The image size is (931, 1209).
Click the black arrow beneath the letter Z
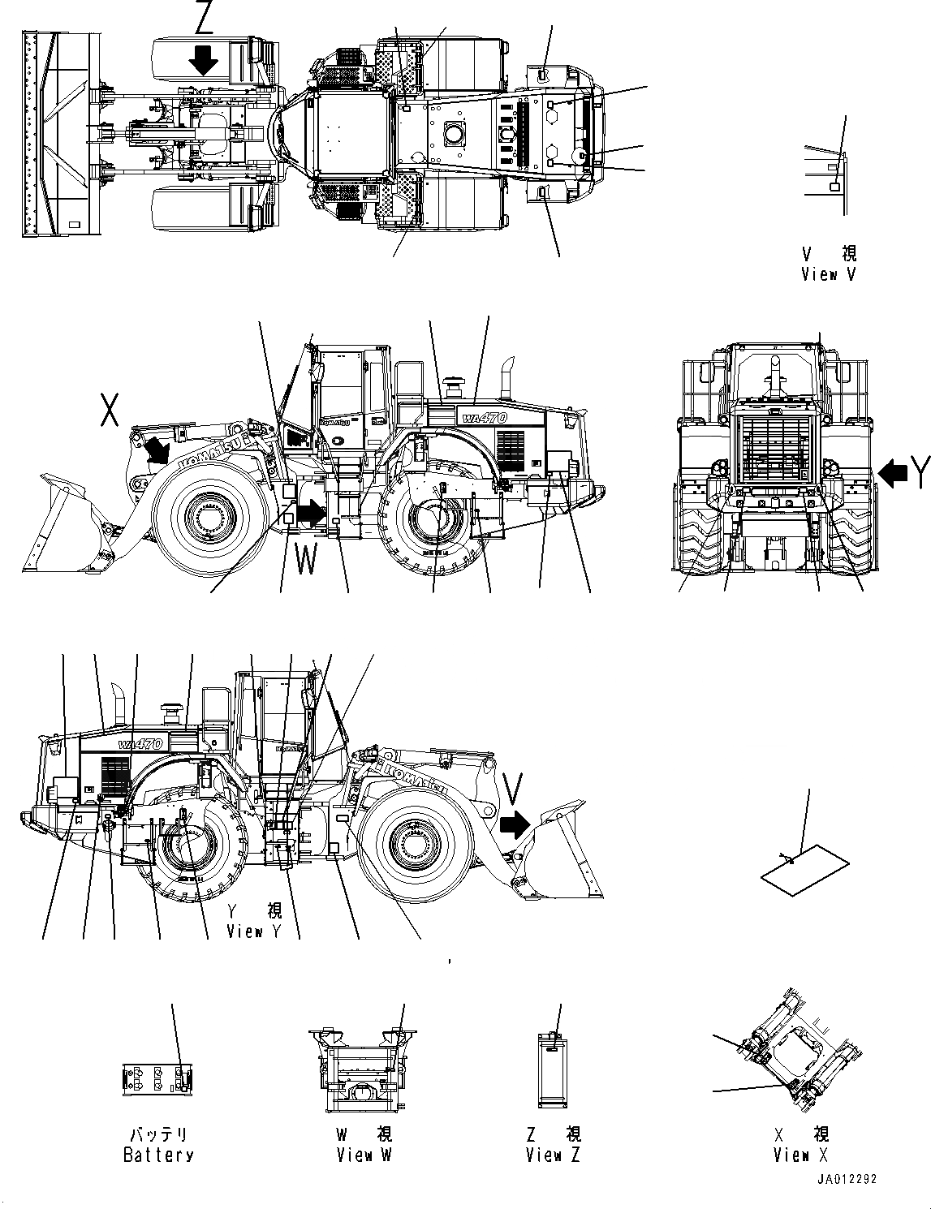203,59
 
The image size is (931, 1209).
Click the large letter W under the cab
305,559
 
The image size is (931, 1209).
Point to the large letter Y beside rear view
919,472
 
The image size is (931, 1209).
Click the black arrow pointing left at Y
893,473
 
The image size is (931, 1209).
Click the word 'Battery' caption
158,1155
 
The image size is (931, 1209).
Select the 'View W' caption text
364,1155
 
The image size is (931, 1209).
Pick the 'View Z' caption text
553,1155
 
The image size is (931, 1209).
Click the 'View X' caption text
800,1155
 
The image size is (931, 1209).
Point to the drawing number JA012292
847,1180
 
